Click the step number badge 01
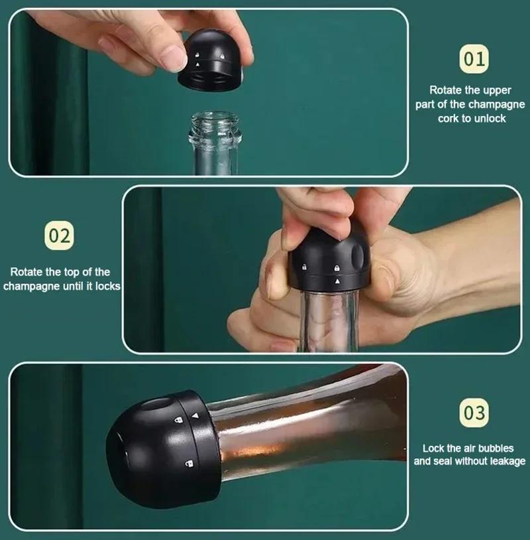(474, 59)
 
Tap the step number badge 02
(59, 236)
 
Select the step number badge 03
(474, 413)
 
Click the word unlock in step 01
(490, 119)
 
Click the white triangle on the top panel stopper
(197, 64)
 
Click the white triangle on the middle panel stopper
(337, 281)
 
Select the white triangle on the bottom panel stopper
(195, 416)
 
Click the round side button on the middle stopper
(358, 256)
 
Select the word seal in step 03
(443, 461)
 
